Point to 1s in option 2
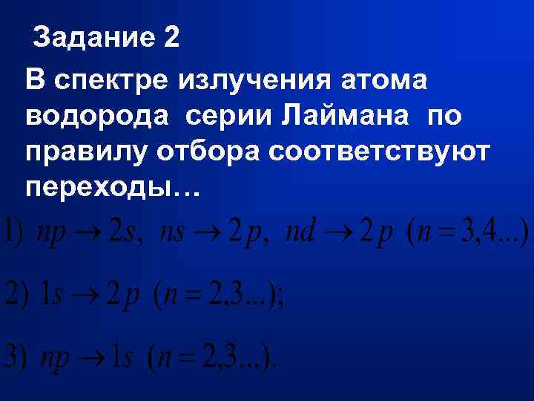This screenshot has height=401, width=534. click(51, 296)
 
